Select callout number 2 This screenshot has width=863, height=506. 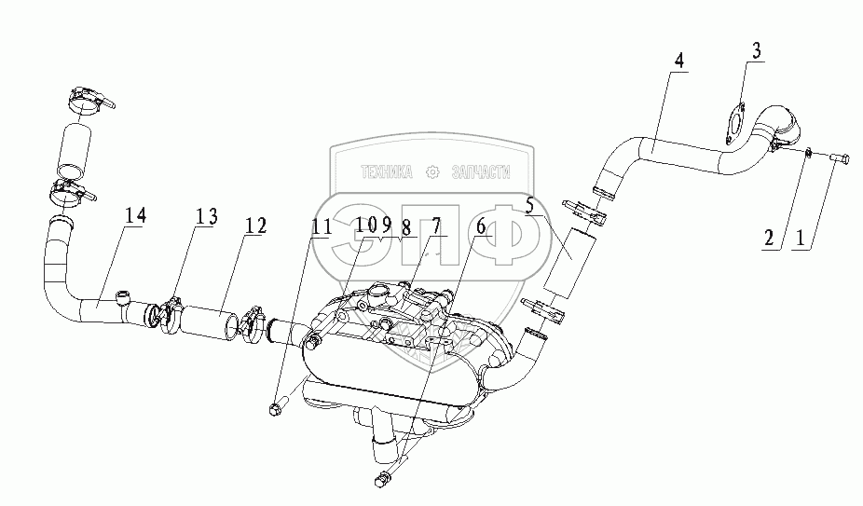(769, 239)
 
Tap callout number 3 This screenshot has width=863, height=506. (758, 51)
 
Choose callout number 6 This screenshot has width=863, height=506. (481, 225)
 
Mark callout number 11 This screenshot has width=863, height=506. (322, 226)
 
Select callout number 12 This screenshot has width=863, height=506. (255, 225)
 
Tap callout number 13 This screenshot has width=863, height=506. (206, 217)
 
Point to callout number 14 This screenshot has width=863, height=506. (136, 216)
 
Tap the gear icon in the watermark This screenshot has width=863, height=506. (431, 171)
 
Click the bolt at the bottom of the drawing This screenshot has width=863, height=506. (380, 480)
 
